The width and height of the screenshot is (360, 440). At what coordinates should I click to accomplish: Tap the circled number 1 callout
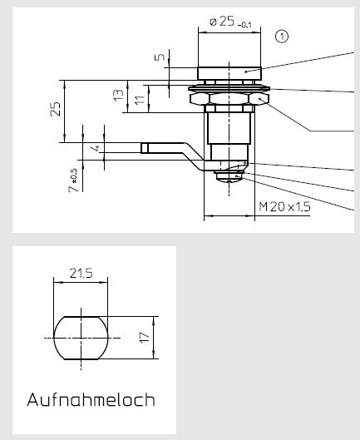(282, 37)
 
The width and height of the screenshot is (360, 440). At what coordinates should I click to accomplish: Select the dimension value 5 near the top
(160, 57)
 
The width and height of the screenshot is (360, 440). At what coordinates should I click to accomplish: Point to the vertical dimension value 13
(118, 95)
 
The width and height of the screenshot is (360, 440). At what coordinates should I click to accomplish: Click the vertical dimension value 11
(140, 100)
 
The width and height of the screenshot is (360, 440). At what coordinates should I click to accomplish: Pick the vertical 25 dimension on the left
(55, 109)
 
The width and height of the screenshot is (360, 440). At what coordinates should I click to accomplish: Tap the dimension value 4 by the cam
(96, 148)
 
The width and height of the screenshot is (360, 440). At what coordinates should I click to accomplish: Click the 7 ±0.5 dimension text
(73, 180)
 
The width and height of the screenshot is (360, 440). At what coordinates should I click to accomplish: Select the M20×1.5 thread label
(284, 207)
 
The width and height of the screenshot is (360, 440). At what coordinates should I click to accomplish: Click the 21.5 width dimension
(81, 273)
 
